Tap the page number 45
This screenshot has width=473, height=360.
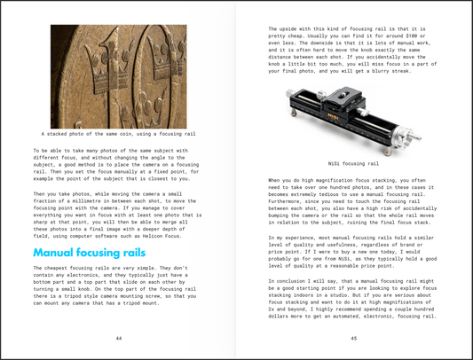(x=354, y=338)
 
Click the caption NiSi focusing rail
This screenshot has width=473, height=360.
(x=353, y=164)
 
